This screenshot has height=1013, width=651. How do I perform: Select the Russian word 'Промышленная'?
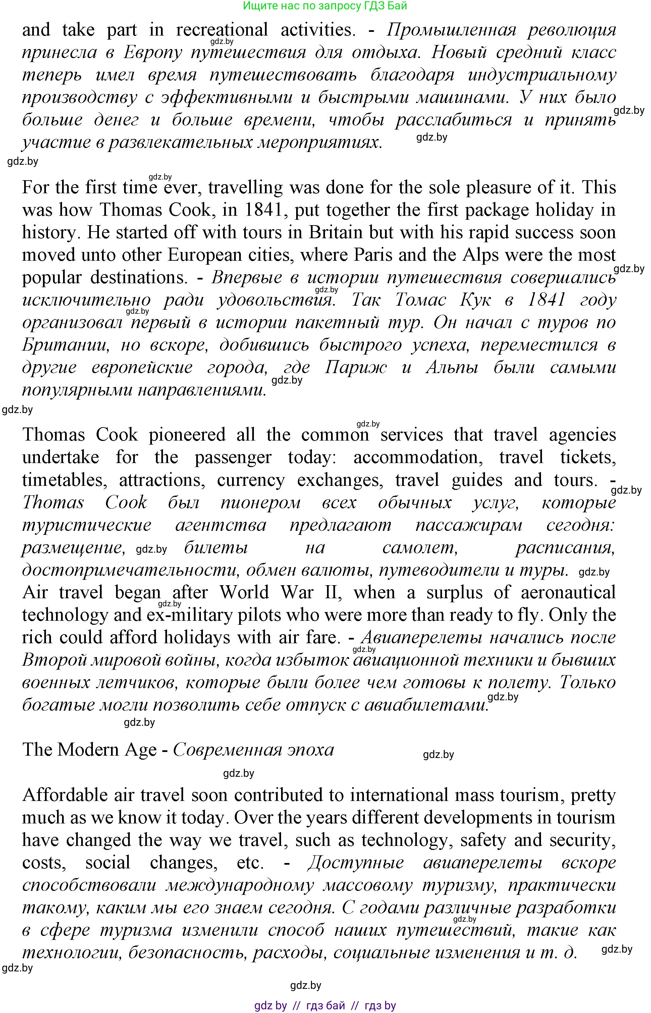[451, 30]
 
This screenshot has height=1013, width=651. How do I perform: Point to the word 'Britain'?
[336, 233]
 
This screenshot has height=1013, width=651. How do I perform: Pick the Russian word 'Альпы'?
[452, 367]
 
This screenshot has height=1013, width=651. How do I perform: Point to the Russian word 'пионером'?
[260, 503]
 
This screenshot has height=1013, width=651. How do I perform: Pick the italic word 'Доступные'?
[355, 862]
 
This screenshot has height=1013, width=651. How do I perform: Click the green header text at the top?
[325, 6]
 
